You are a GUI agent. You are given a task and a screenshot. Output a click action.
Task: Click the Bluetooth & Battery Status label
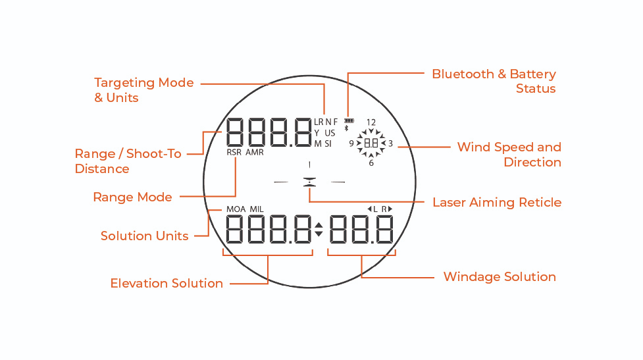coord(494,81)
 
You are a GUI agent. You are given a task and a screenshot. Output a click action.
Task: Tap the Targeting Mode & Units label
coord(143,90)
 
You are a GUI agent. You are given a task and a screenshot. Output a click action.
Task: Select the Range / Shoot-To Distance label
coord(128,161)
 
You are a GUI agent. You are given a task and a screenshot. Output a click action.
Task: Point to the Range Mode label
coord(132,197)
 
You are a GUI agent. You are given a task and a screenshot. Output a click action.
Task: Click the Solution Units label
coord(144,236)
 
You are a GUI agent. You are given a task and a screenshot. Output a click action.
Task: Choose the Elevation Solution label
coord(167,284)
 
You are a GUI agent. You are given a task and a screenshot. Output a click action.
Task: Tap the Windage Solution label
coord(500,276)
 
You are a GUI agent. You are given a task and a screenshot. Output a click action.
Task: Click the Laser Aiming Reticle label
coord(497,202)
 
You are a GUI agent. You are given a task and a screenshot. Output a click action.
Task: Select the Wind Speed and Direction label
coord(509,155)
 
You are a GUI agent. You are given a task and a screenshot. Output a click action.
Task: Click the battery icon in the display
coord(347,121)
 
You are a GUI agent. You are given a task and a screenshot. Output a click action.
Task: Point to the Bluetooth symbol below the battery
coord(347,128)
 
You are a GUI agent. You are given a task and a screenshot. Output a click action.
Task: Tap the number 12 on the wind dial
coord(371,122)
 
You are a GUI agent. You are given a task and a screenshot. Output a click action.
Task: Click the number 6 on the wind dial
coord(371,163)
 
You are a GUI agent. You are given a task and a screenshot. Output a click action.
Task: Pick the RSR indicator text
coord(234,152)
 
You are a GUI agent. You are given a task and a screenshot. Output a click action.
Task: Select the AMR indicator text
coord(255,152)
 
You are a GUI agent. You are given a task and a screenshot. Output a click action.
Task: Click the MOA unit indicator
coord(236,209)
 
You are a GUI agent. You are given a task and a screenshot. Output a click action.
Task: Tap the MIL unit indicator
coord(257,209)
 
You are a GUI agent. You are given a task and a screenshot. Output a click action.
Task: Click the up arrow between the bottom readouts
coord(319,226)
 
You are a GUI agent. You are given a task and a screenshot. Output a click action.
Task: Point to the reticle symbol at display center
coord(308,182)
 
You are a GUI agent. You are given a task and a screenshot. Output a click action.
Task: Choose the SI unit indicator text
coord(328,143)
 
